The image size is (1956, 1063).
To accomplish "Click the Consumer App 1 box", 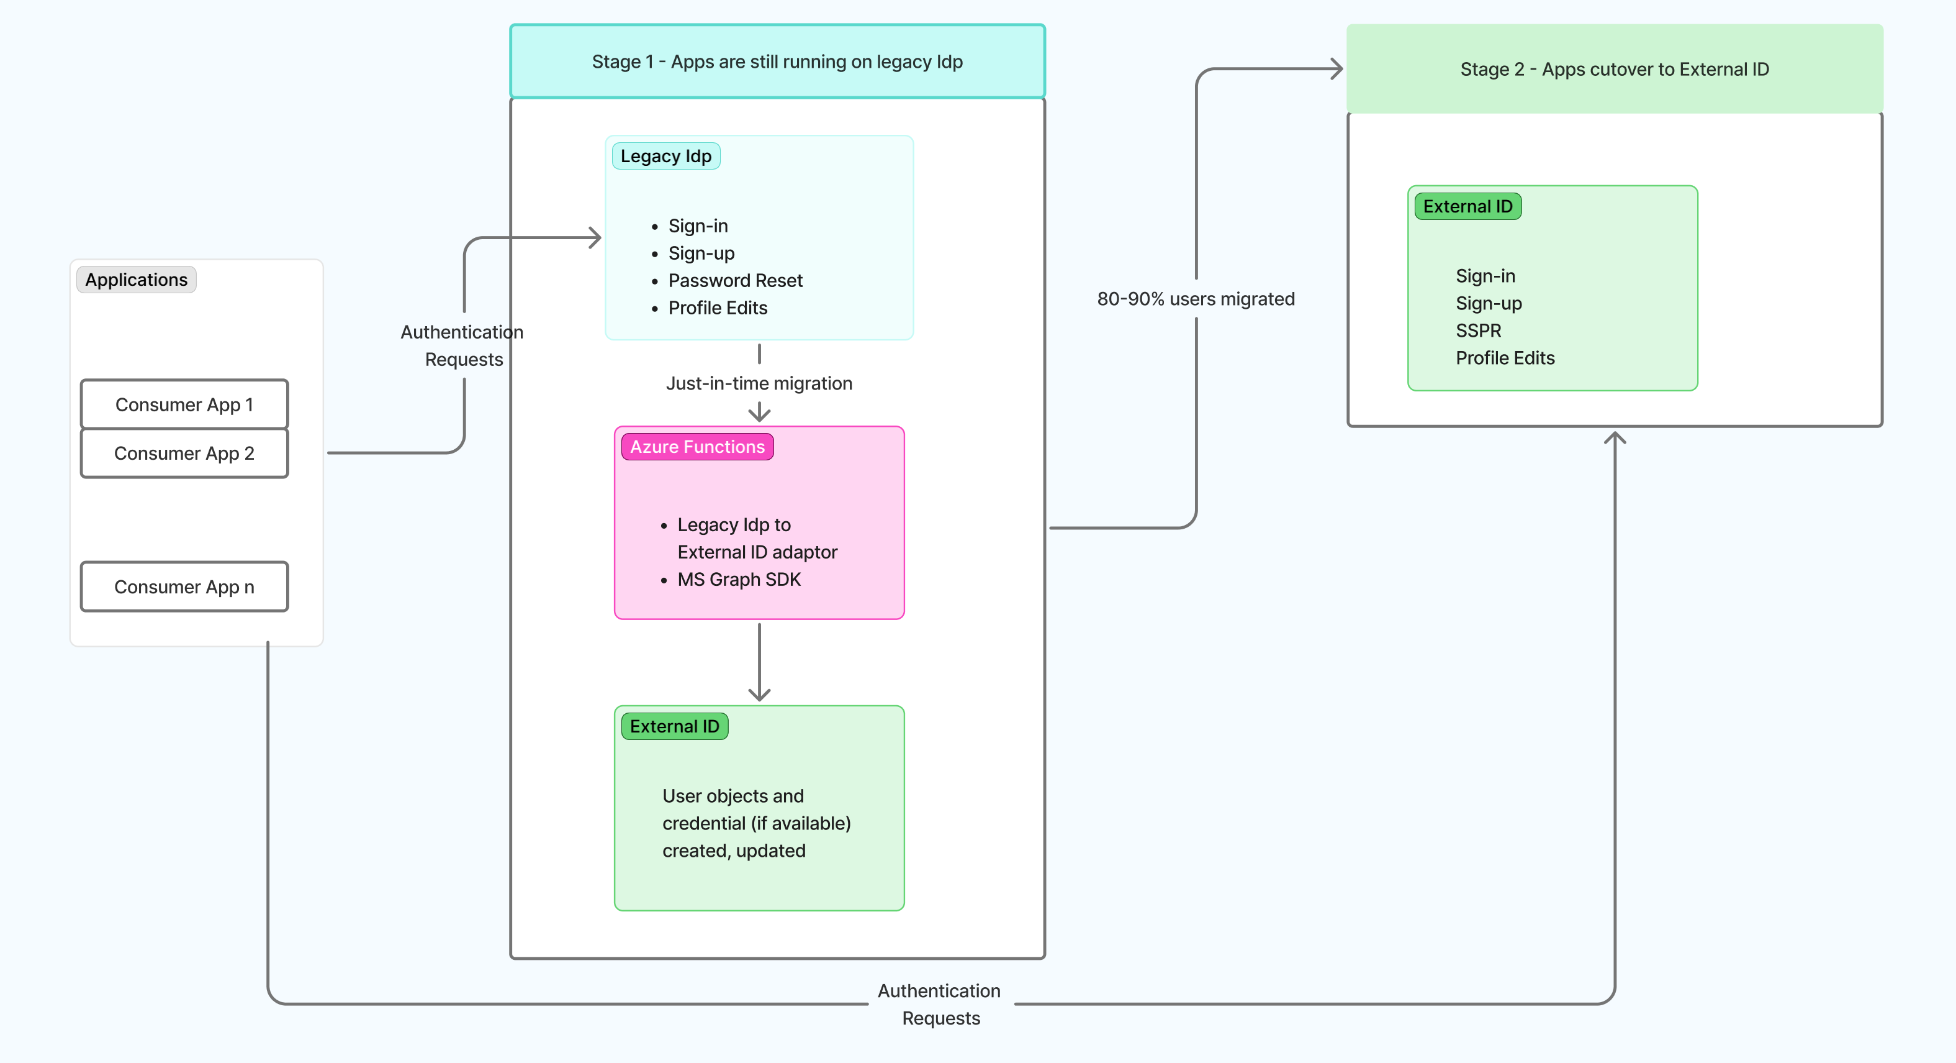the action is [x=184, y=404].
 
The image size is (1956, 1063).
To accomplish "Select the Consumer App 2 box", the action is [x=184, y=453].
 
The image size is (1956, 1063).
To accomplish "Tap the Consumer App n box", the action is [x=184, y=586].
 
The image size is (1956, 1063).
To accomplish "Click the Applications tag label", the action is [x=137, y=280].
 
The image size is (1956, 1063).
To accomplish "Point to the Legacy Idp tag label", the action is [x=666, y=156].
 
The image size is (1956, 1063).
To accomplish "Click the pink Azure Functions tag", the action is [x=697, y=447].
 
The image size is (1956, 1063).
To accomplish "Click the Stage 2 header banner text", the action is [x=1615, y=69].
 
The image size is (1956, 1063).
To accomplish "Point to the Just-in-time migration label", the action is [x=759, y=383].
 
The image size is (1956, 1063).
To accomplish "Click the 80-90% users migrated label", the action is [x=1196, y=299].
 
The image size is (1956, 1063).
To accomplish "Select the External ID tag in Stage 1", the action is [x=674, y=726].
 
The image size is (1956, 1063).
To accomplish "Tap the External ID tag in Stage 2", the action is [x=1467, y=207].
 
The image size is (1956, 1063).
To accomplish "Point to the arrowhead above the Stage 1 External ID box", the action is [x=759, y=695].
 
